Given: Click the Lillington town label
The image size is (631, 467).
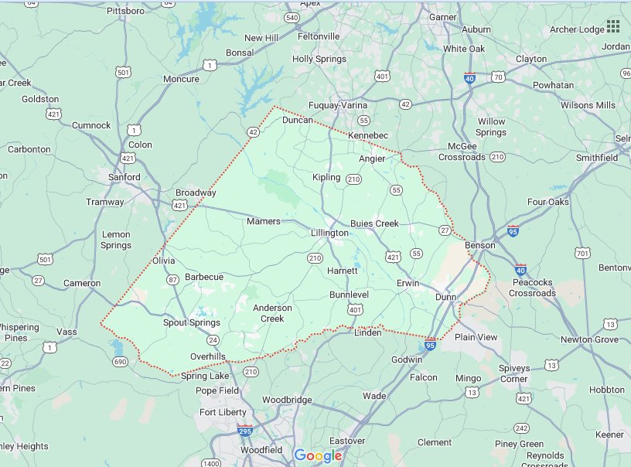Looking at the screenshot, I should click(329, 233).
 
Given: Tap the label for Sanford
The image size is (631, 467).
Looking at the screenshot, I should click(124, 177).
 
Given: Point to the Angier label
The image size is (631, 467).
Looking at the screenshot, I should click(372, 159).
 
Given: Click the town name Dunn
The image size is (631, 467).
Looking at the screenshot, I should click(445, 296).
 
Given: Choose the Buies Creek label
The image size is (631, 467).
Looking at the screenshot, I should click(374, 223).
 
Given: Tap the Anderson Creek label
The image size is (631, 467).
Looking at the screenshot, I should click(272, 313).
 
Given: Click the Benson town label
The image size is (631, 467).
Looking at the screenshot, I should click(479, 246).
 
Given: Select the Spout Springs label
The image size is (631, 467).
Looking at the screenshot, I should click(191, 322).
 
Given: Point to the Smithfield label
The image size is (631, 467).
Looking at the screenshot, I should click(597, 158).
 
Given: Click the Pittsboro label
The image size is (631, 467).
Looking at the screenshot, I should click(125, 11).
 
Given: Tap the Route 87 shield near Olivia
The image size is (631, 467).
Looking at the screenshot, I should click(173, 279).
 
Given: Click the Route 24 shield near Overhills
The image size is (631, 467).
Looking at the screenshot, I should click(212, 340).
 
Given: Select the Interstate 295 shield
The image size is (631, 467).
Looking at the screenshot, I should click(244, 431).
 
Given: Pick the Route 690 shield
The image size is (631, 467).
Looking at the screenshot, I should click(120, 361).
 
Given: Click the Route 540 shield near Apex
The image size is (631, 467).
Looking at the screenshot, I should click(292, 17).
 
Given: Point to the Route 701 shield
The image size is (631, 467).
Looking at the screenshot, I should click(582, 253).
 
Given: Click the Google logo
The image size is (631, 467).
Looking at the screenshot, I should click(318, 455).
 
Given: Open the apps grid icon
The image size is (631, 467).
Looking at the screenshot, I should click(613, 26).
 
